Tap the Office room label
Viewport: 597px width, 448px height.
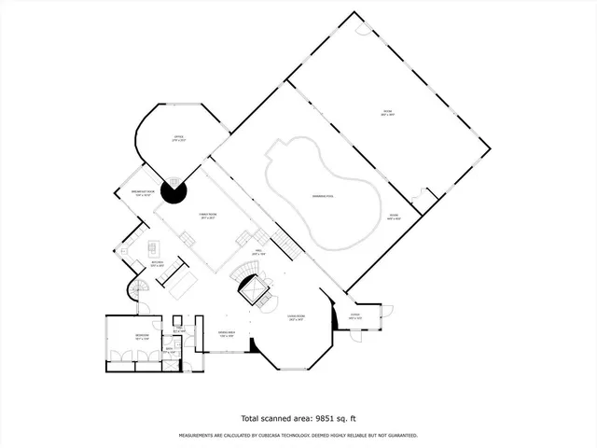click(x=178, y=138)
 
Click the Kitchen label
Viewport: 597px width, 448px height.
click(x=145, y=265)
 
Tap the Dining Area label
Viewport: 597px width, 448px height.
click(x=227, y=333)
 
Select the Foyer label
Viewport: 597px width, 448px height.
click(x=355, y=317)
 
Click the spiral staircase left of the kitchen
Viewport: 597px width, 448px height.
click(x=132, y=293)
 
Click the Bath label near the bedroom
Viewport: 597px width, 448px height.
click(x=169, y=350)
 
